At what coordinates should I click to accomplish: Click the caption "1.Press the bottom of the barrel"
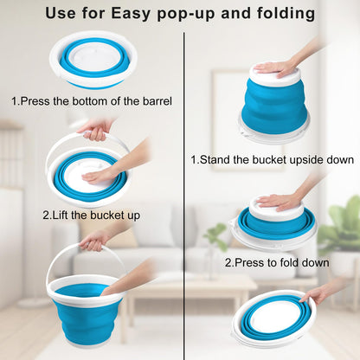(91, 101)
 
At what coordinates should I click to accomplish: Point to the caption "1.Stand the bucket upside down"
(271, 159)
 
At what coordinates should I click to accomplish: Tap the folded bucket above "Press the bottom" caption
(92, 60)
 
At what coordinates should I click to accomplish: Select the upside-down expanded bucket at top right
(273, 102)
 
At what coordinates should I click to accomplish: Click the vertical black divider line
(183, 190)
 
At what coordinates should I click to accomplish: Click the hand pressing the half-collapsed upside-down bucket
(280, 201)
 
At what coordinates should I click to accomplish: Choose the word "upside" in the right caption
(295, 159)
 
